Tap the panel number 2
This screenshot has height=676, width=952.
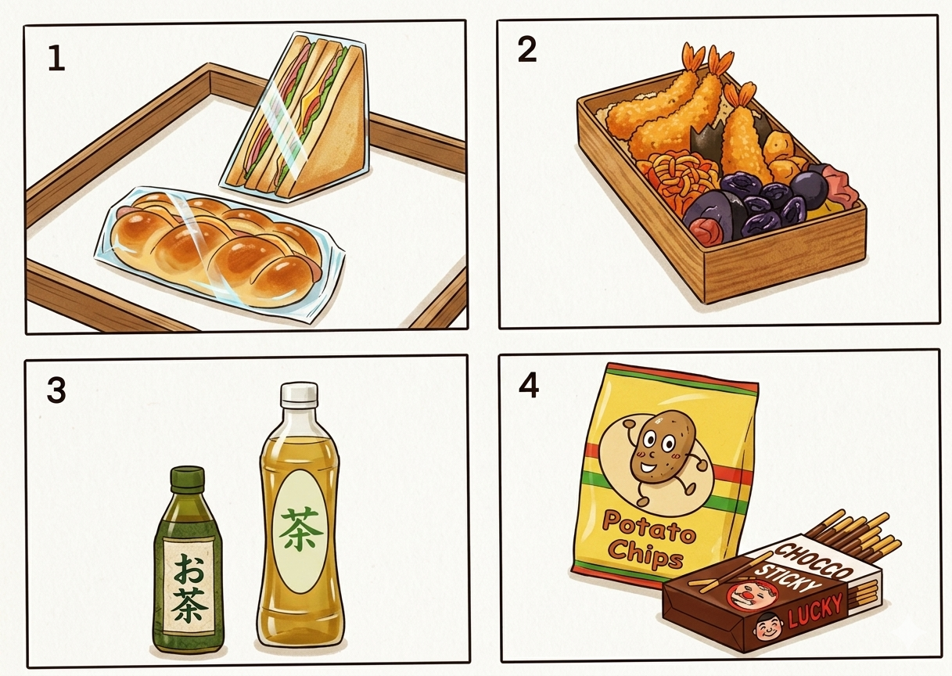pos(527,51)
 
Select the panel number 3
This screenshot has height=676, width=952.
pos(56,390)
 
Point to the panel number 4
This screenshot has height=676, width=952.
pos(529,386)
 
